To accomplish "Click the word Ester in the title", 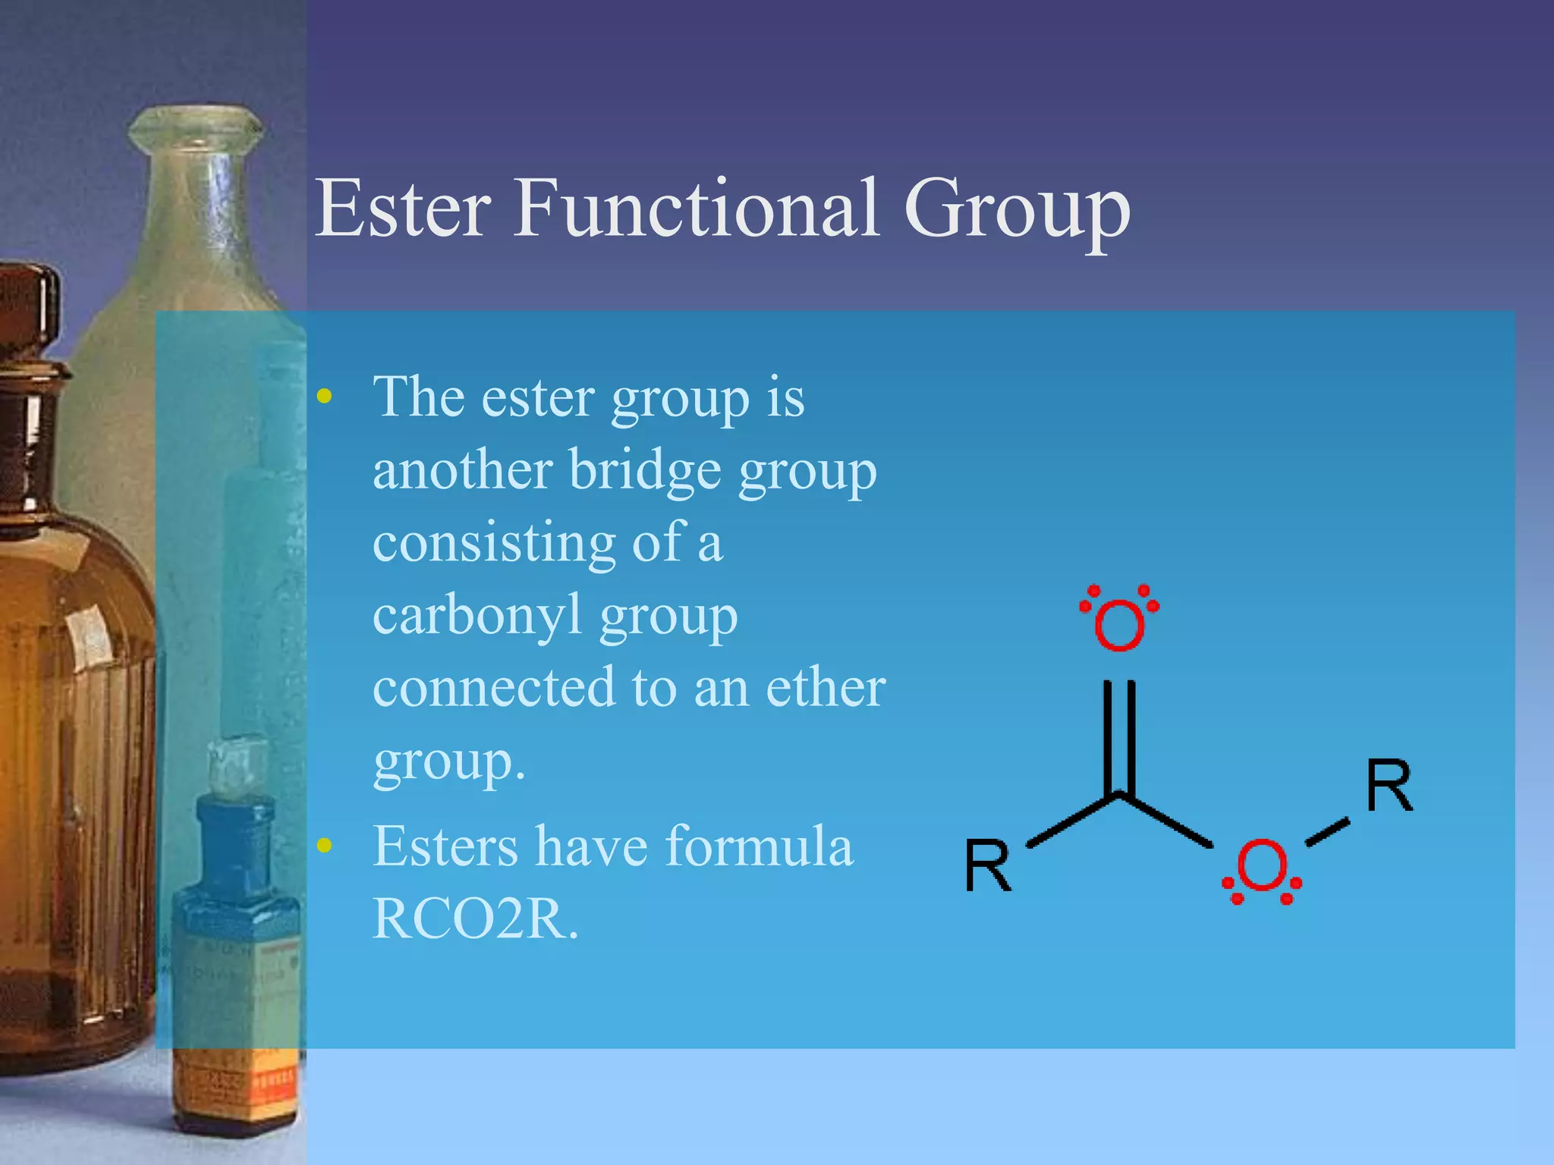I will [403, 208].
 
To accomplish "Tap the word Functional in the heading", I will [696, 208].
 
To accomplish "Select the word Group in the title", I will [1017, 209].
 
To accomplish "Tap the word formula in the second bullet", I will [759, 846].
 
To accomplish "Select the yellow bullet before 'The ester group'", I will [325, 396].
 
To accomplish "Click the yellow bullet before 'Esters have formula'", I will [325, 846].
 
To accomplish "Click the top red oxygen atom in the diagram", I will [1119, 623].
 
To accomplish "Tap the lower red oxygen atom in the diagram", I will [1262, 865].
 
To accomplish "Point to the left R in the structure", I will [987, 866].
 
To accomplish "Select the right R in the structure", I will [1389, 786].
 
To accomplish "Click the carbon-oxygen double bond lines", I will [1119, 736].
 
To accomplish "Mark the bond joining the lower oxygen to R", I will [1327, 831].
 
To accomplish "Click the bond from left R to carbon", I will [1071, 821].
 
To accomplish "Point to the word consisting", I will [493, 543].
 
